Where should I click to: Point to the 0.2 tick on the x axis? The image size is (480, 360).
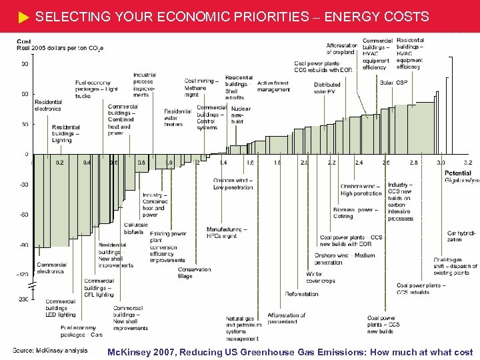click(60, 162)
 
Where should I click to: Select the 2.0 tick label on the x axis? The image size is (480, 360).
click(305, 162)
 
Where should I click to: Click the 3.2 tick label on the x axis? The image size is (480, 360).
click(468, 162)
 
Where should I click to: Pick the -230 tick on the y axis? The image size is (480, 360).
click(23, 299)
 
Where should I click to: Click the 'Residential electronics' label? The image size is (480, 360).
click(48, 105)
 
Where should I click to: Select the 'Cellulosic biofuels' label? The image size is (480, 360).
click(136, 229)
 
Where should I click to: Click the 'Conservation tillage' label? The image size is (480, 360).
click(194, 273)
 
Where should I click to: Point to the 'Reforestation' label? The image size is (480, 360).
click(301, 294)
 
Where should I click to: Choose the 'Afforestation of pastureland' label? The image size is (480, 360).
click(287, 319)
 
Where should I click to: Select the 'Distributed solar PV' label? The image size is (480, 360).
click(327, 88)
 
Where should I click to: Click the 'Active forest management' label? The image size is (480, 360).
click(273, 85)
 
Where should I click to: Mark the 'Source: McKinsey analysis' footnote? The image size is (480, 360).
click(51, 351)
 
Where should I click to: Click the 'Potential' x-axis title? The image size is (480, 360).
click(458, 173)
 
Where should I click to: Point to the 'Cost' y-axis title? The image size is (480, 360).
click(24, 42)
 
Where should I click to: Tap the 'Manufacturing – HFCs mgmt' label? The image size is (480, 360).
click(227, 232)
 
